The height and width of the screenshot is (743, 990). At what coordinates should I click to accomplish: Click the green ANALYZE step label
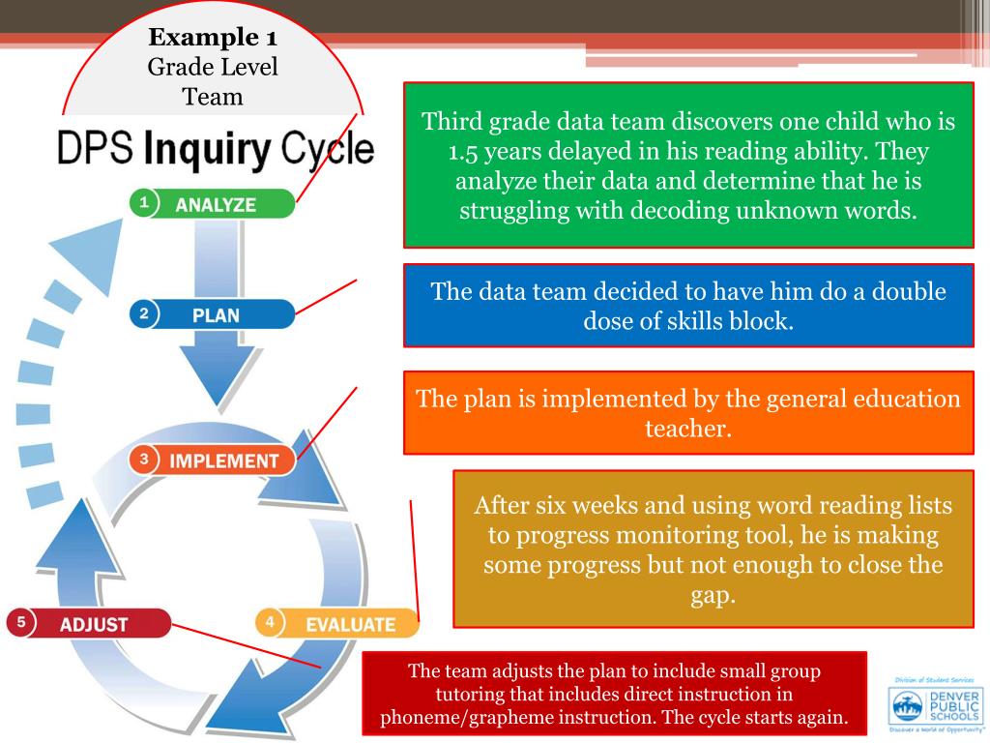point(216,204)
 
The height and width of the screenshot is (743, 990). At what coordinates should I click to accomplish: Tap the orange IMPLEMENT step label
point(223,461)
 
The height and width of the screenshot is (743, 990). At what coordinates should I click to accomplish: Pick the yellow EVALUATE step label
point(350,624)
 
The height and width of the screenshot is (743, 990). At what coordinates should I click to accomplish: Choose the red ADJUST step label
point(94,624)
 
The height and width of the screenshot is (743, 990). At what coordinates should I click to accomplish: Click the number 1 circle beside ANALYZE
point(143,203)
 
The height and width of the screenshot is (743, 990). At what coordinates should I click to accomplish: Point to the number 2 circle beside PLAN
point(143,313)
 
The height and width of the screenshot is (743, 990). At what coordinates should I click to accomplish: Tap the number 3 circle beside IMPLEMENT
point(143,460)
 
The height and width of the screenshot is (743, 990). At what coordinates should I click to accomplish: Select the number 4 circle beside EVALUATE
point(270,622)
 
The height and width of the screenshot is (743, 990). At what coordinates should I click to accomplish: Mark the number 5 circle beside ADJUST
point(19,623)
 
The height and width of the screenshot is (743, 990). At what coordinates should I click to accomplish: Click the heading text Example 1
point(213,39)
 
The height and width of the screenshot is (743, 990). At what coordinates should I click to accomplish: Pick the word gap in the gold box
point(713,595)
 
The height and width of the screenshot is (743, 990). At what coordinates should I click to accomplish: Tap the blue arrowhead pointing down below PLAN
point(210,382)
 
